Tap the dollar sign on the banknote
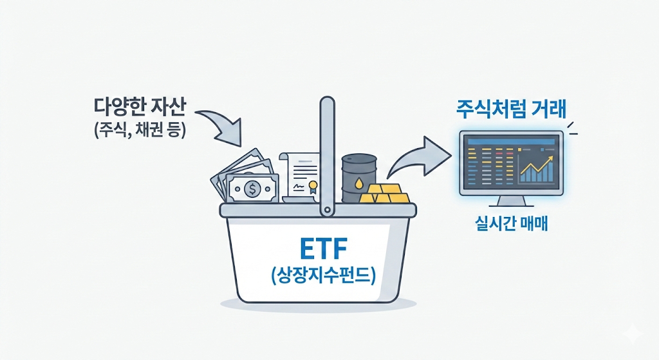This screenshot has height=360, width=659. [251, 189]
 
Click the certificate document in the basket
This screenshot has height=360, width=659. [299, 177]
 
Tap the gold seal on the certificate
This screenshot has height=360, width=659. [313, 187]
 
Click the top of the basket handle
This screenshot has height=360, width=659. [328, 103]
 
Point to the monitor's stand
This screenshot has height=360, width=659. [511, 203]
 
